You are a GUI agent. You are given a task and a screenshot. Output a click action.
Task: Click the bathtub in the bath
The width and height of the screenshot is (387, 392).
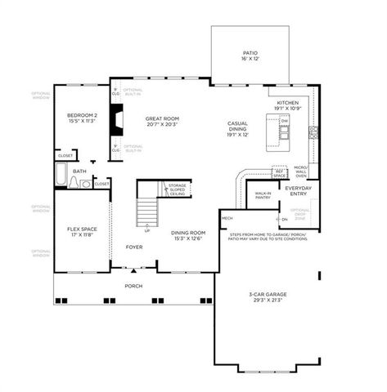61,175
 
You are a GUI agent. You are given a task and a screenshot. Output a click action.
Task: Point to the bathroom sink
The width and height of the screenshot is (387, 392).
86,185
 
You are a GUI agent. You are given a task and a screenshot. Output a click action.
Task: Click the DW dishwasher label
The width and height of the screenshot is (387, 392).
284,120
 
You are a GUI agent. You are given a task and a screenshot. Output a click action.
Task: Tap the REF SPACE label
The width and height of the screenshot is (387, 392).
280,174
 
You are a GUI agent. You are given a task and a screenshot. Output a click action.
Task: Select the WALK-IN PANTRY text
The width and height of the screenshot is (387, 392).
263,196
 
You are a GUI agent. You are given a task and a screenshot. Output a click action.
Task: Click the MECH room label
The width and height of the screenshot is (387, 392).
227,218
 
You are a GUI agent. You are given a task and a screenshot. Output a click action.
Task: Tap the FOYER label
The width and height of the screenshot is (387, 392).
133,246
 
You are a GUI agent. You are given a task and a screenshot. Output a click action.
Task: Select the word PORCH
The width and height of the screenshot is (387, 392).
133,286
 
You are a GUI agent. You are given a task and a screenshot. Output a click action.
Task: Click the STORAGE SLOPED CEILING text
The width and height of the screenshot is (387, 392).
177,189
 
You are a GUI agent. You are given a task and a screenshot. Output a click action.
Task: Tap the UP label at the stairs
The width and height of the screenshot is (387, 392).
147,231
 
